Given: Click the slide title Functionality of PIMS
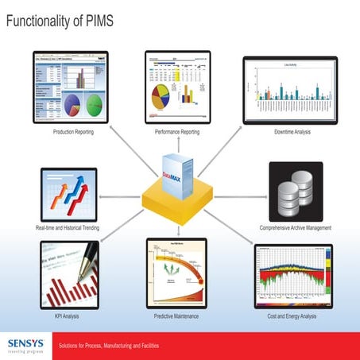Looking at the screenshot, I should point(60,21).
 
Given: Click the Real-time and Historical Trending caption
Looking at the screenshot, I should point(68,228).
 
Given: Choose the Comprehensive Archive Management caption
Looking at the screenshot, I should point(295,228).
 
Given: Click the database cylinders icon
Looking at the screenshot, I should point(296,193).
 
